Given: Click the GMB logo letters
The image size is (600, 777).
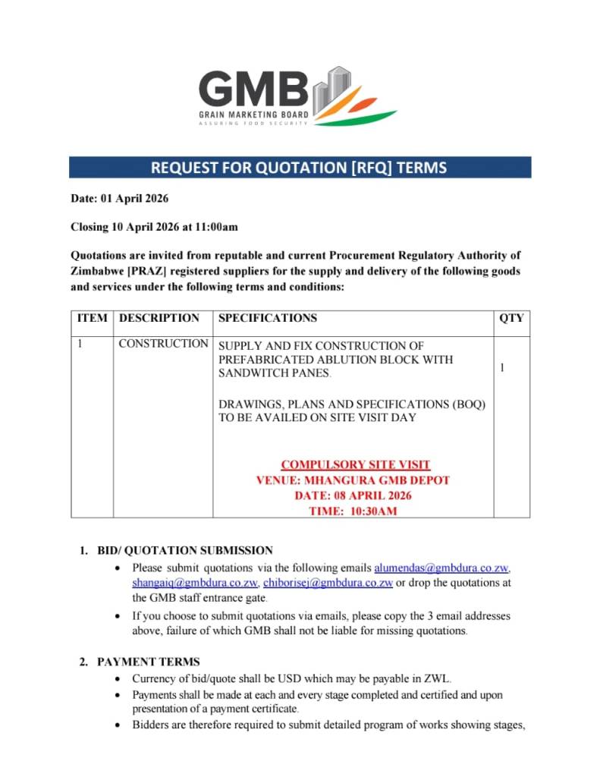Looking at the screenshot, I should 253,89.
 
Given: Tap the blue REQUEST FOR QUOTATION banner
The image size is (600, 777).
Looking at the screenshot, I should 300,167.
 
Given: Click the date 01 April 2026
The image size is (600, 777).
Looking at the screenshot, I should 134,199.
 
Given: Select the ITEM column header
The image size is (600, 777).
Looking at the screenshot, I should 93,318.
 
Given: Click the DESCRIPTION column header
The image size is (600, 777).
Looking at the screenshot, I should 159,318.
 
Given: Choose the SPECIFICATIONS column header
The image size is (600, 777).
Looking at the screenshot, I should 268,318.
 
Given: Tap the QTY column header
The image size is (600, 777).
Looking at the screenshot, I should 511,318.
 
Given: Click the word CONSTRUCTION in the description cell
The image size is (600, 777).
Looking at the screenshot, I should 163,344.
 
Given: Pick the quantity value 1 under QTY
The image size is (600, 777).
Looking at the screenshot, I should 502,367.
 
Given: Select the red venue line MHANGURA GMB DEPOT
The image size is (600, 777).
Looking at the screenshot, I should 353,480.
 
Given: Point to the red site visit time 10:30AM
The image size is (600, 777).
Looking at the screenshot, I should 353,511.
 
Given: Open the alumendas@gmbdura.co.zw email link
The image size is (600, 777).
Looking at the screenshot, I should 441,568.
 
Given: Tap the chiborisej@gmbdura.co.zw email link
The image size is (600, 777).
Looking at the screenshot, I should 328,583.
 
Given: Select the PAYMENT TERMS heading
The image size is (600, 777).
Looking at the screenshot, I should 149,662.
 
